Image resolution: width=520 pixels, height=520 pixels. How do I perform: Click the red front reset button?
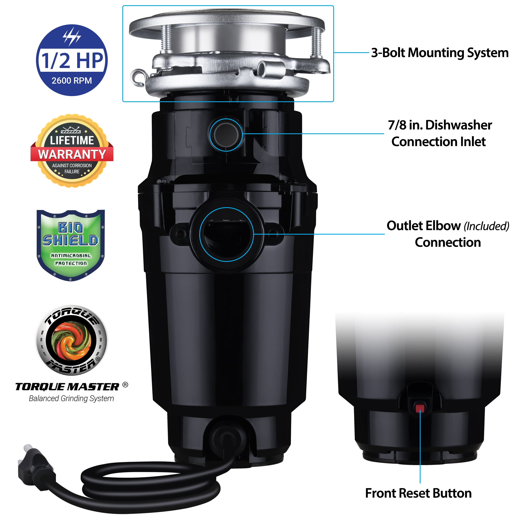420,409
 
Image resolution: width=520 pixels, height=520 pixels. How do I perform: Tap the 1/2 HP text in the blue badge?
72,61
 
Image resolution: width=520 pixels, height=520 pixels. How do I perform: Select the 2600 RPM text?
72,80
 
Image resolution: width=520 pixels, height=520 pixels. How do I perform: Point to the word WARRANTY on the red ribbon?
72,155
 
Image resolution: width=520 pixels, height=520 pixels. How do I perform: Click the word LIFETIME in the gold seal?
72,140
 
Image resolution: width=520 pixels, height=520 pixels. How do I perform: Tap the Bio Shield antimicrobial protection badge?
71,245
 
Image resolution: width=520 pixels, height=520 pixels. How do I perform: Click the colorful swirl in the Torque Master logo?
71,341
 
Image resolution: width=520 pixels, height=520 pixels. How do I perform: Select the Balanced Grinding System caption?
71,399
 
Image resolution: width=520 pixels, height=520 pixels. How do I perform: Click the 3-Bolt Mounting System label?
440,53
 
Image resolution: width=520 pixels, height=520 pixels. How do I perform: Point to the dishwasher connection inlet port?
226,135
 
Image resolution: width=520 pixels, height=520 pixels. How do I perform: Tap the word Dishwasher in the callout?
459,125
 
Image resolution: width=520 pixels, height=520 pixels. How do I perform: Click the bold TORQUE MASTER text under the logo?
67,387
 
